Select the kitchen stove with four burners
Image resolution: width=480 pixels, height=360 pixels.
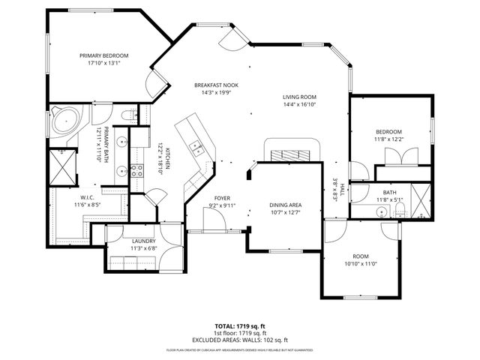137,170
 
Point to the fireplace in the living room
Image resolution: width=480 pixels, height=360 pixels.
288,154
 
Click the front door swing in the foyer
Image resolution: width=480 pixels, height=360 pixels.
212,220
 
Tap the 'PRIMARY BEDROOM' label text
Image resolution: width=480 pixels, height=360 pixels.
104,55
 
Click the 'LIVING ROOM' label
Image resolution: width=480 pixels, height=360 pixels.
300,97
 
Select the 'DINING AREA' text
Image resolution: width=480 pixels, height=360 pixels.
286,205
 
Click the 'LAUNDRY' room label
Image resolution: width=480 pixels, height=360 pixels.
142,241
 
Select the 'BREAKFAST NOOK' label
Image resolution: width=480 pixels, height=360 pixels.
215,85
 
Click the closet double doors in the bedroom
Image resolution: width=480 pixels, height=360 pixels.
397,157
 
